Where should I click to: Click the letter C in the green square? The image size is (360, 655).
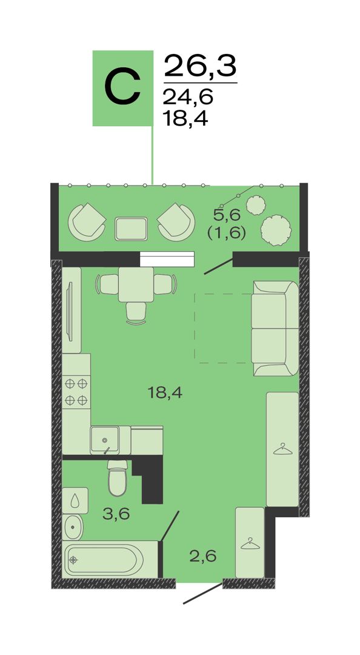[x=122, y=88]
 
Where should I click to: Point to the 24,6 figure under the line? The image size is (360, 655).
[x=188, y=97]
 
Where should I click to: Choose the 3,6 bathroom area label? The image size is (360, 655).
[x=116, y=514]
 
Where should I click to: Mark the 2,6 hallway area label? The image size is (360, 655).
[x=203, y=556]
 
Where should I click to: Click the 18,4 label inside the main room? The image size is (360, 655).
[x=165, y=392]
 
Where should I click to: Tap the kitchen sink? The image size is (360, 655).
[x=105, y=440]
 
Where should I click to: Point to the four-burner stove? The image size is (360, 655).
[x=76, y=392]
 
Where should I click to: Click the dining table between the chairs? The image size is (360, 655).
[x=136, y=284]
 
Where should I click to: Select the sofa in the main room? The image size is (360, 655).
[x=275, y=328]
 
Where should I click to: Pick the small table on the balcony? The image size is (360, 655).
[x=131, y=229]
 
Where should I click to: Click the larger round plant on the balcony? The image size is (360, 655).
[x=276, y=230]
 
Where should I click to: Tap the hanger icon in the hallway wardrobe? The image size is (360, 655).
[x=250, y=543]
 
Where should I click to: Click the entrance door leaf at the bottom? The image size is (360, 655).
[x=203, y=593]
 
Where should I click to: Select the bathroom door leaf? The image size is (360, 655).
[x=170, y=526]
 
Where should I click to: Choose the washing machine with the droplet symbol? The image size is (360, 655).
[x=75, y=500]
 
